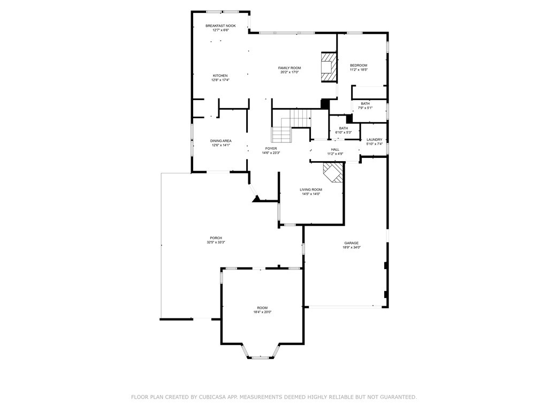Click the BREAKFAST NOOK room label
[x=220, y=26]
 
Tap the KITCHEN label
[x=220, y=75]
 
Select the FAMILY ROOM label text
[x=290, y=68]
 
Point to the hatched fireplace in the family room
[x=328, y=67]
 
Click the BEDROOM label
[x=359, y=65]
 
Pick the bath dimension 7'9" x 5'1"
[x=365, y=108]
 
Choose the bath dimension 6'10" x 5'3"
[x=343, y=132]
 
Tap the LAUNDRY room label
[x=374, y=139]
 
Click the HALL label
[x=335, y=149]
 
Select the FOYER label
[x=271, y=148]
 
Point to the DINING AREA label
[x=220, y=141]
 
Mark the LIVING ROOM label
[x=310, y=189]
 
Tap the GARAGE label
[x=351, y=243]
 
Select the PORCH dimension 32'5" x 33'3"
[x=216, y=242]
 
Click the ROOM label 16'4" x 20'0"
[x=262, y=308]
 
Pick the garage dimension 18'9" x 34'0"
[x=351, y=247]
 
